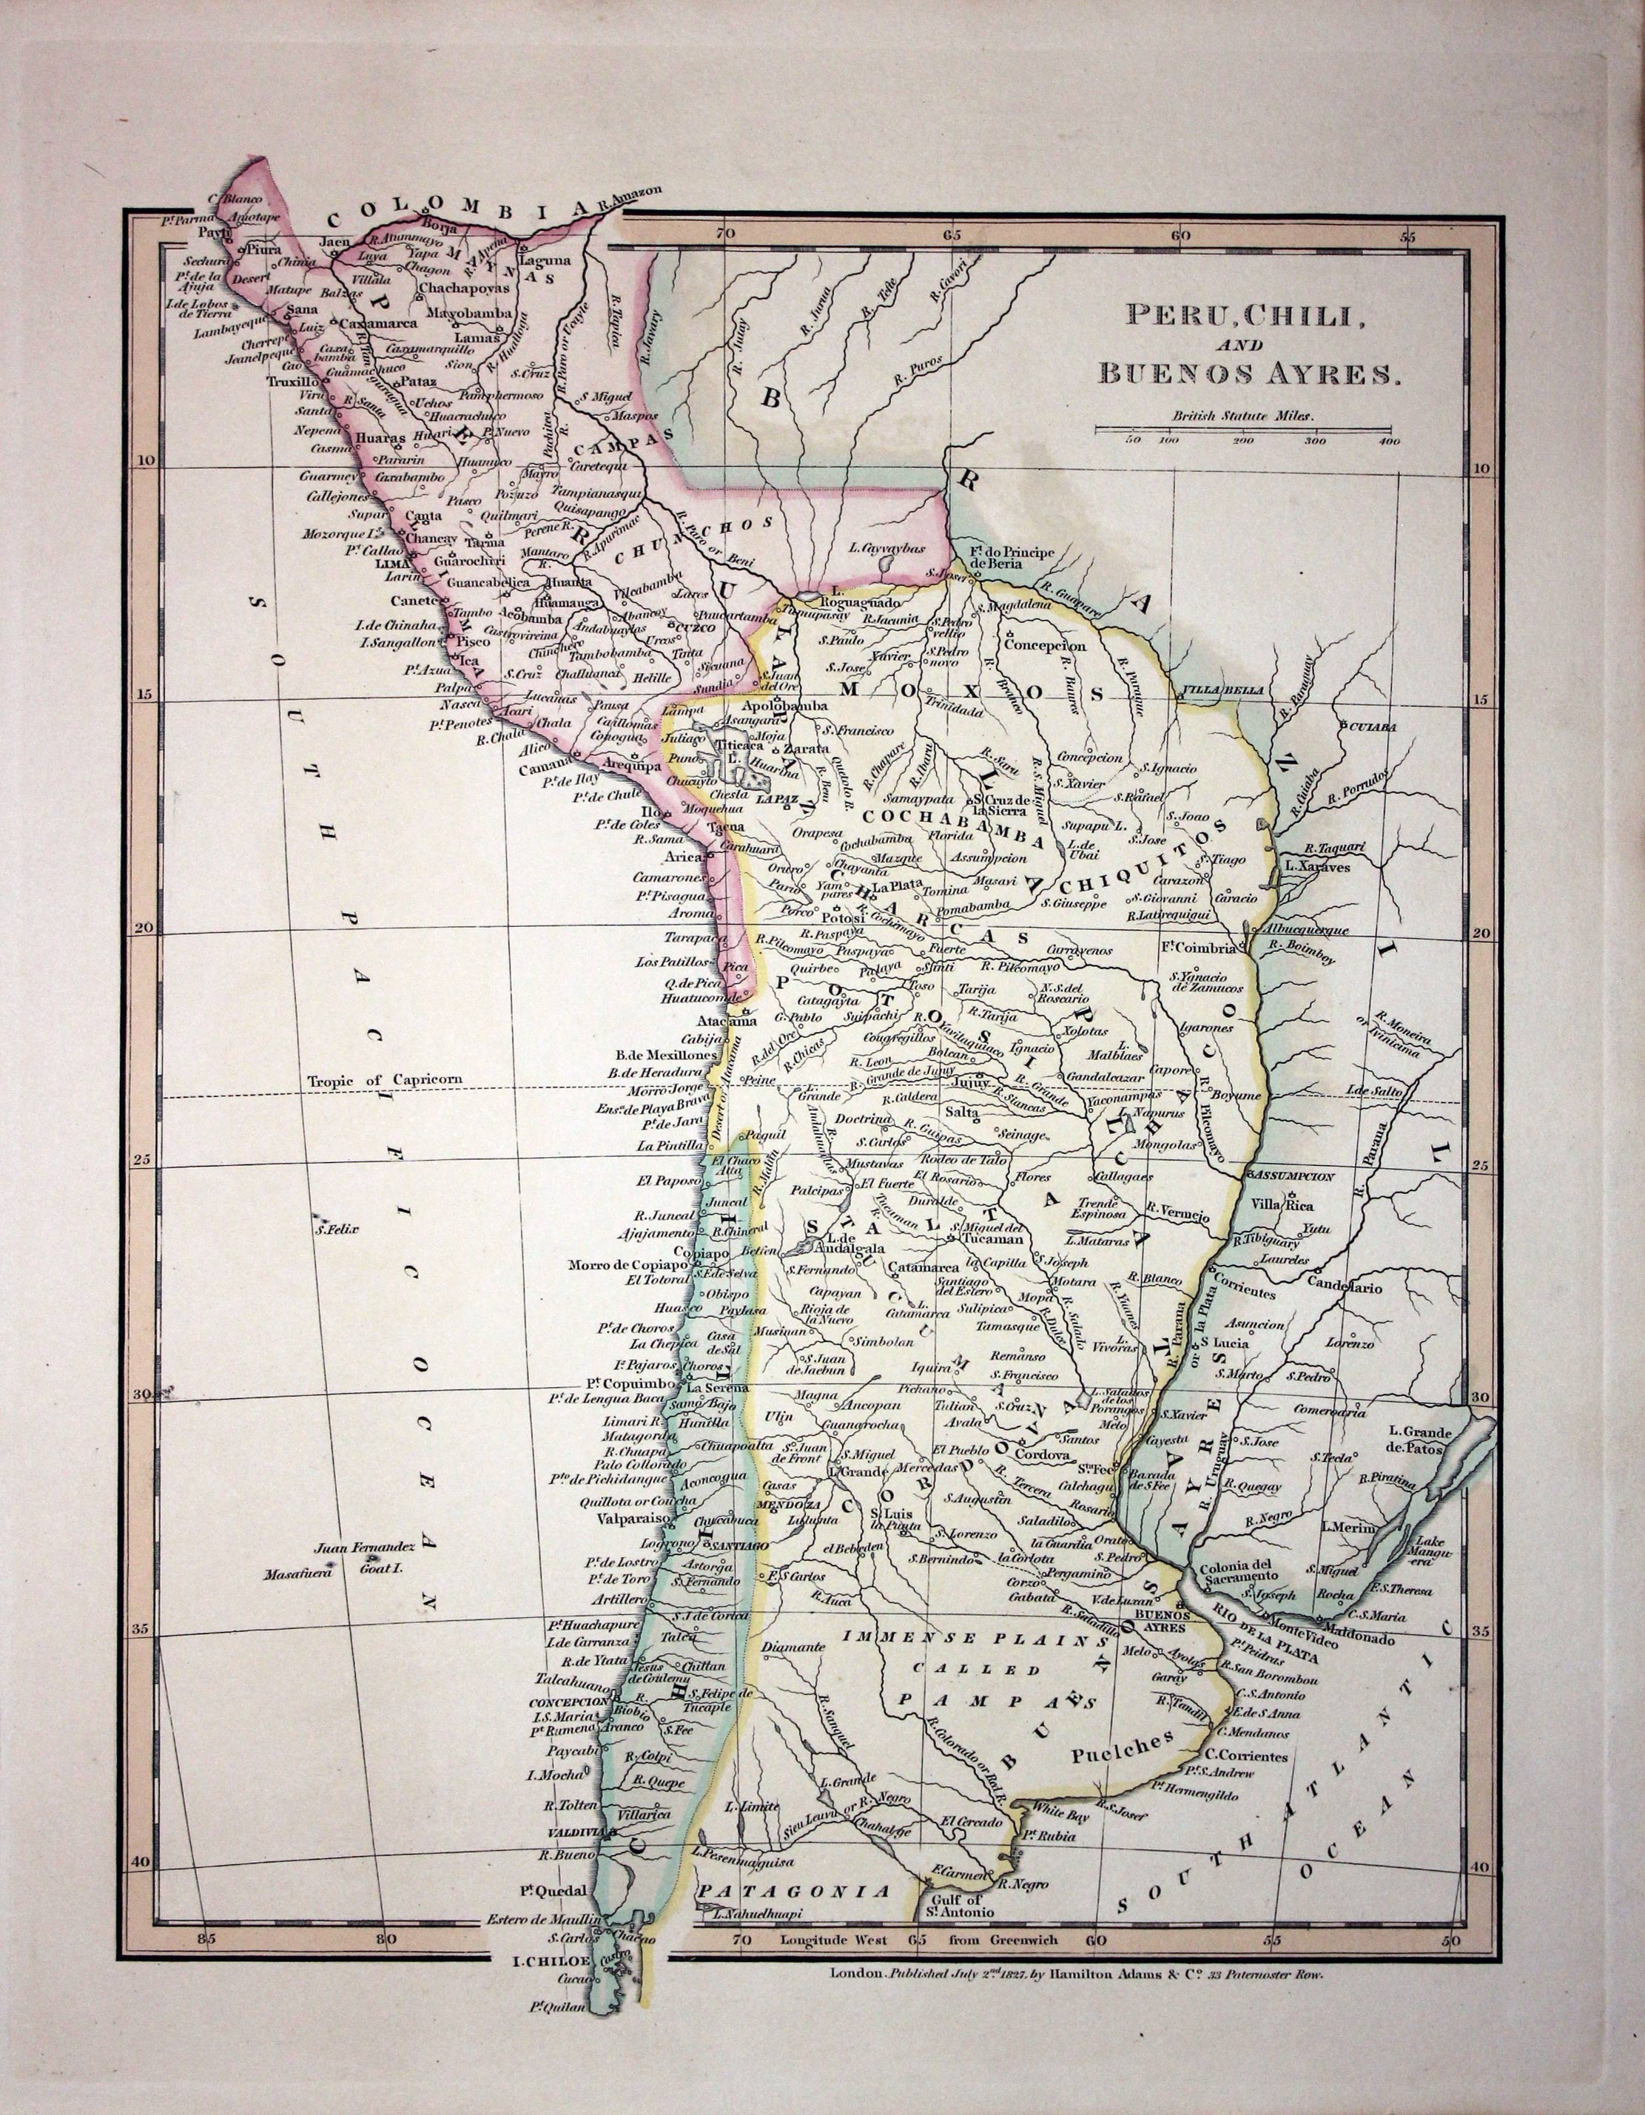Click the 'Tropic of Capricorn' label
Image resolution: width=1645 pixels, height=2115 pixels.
pyautogui.click(x=385, y=1080)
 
